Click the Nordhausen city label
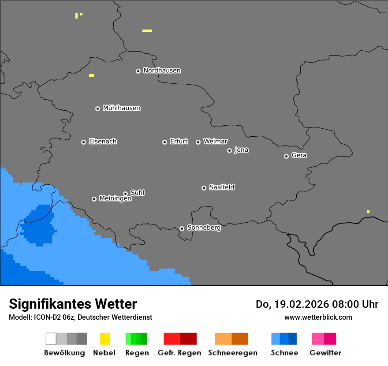pyautogui.click(x=162, y=71)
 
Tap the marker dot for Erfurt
pyautogui.click(x=164, y=142)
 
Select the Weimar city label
pyautogui.click(x=215, y=142)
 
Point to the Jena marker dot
pyautogui.click(x=229, y=150)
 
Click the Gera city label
pyautogui.click(x=299, y=156)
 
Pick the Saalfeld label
pyautogui.click(x=221, y=187)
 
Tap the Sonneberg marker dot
pyautogui.click(x=182, y=228)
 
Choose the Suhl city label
pyautogui.click(x=137, y=193)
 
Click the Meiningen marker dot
pyautogui.click(x=94, y=199)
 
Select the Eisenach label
pyautogui.click(x=103, y=142)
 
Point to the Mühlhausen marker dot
pyautogui.click(x=97, y=108)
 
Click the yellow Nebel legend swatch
pyautogui.click(x=104, y=339)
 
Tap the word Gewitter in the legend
pyautogui.click(x=325, y=353)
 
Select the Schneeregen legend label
pyautogui.click(x=233, y=353)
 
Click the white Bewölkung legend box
pyautogui.click(x=51, y=339)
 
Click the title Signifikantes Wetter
pyautogui.click(x=73, y=304)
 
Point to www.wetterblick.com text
pyautogui.click(x=318, y=317)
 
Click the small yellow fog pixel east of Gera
pyautogui.click(x=368, y=212)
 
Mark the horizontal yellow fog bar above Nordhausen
pyautogui.click(x=147, y=31)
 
